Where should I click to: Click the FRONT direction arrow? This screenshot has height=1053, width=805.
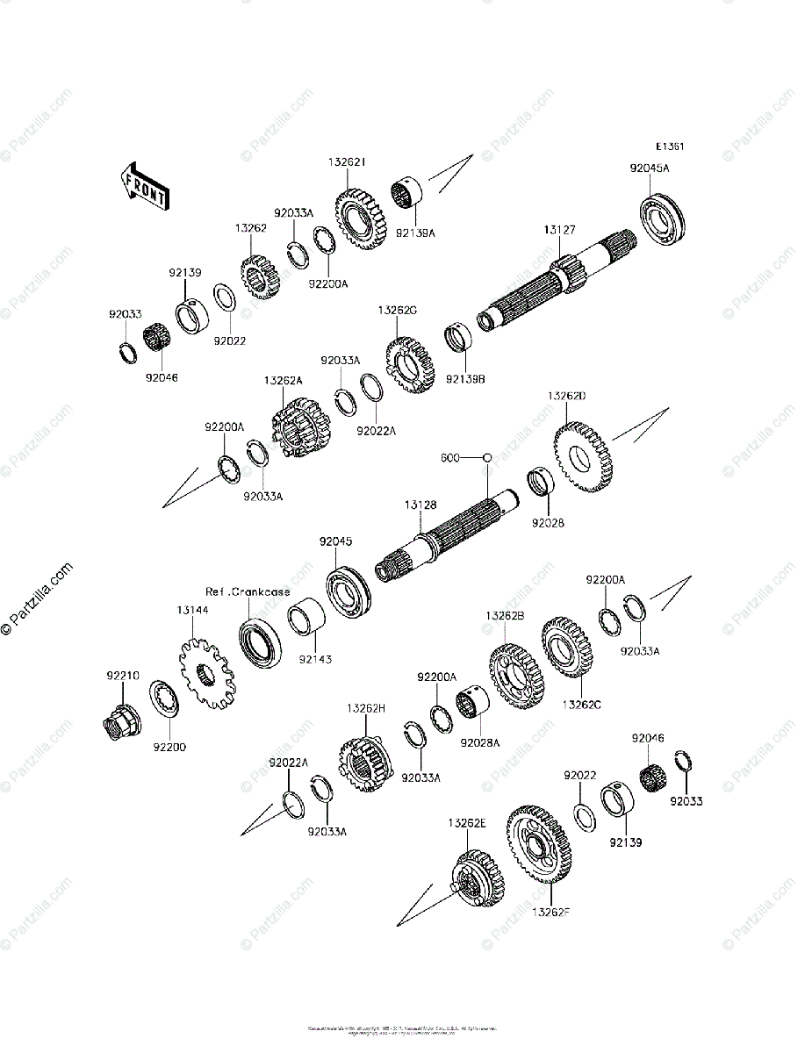tap(144, 186)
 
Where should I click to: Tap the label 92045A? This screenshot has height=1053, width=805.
tap(649, 168)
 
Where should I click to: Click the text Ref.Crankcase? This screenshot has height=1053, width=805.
tap(248, 591)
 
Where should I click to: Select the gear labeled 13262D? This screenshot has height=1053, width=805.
tap(583, 456)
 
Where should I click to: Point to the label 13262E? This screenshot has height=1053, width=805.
tap(466, 823)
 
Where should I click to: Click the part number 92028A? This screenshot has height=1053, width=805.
tap(480, 742)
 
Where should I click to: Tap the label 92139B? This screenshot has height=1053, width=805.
tap(464, 379)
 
